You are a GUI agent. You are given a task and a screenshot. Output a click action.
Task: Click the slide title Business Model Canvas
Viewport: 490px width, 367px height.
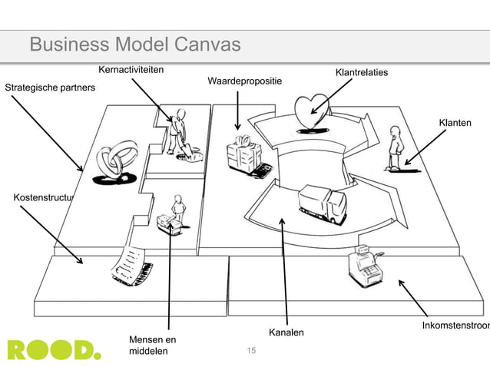pos(135,46)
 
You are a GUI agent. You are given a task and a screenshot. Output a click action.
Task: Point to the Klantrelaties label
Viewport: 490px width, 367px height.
pos(361,73)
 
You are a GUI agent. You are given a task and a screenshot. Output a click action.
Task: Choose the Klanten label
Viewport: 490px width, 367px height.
pos(455,123)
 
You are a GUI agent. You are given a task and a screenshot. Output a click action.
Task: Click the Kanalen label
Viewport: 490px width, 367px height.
pos(286,332)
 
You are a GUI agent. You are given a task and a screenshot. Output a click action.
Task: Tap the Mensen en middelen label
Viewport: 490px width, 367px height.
pos(153,346)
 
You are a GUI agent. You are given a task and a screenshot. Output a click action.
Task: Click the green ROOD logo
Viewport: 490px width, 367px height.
pos(54,349)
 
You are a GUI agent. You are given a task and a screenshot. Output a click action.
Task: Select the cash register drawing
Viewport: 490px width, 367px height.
pos(363,265)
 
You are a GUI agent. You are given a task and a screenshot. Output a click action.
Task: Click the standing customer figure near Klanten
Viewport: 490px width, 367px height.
pos(395,147)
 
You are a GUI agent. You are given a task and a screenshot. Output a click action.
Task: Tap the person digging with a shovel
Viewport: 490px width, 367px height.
pos(180,134)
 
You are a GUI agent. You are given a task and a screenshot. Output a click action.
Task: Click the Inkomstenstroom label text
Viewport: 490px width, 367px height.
pos(455,327)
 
